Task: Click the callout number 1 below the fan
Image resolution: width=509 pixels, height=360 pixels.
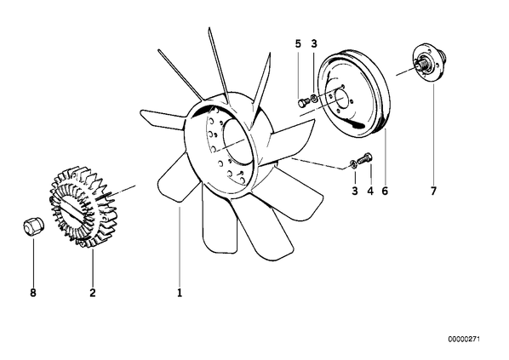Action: click(180, 293)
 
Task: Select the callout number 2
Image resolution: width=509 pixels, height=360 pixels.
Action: click(93, 293)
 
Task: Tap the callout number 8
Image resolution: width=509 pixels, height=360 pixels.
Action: click(33, 293)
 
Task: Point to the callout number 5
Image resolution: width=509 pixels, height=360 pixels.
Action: click(298, 43)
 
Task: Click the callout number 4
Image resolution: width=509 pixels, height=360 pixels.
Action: click(370, 191)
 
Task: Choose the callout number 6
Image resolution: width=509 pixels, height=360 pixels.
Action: click(385, 191)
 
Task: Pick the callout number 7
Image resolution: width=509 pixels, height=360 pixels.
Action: click(433, 191)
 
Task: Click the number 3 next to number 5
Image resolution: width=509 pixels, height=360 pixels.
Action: click(313, 43)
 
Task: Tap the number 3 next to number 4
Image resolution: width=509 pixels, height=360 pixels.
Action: click(355, 191)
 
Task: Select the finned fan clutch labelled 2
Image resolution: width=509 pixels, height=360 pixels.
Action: click(82, 207)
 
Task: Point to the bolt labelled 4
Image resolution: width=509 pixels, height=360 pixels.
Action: click(365, 158)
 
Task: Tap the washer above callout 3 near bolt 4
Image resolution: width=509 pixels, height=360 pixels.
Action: click(354, 164)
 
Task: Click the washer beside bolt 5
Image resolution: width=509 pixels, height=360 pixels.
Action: click(314, 97)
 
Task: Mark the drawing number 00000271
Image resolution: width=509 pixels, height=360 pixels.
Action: click(464, 340)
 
